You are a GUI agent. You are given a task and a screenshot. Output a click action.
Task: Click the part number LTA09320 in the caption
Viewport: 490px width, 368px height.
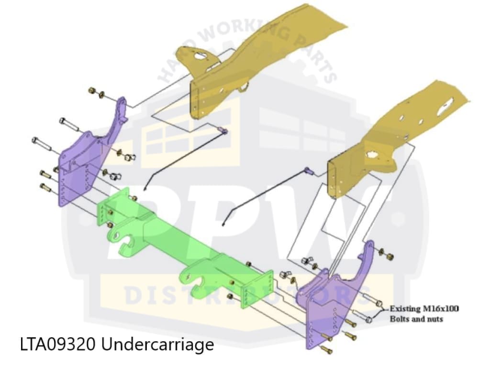coord(57,344)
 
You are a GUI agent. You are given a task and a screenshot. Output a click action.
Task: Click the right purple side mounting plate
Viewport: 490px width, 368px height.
coord(335,297)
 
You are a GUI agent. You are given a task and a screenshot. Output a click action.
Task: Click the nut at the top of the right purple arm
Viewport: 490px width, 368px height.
coord(390,257)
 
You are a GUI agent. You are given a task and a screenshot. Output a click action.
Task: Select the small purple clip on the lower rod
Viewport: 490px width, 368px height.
coord(309,170)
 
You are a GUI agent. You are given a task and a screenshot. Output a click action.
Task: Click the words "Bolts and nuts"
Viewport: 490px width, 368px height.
coord(416,319)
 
